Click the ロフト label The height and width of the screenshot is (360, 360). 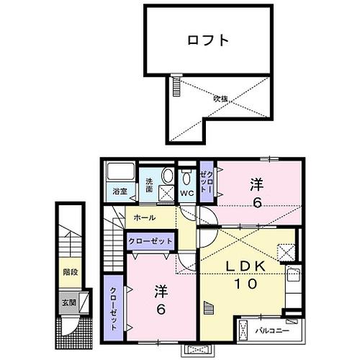point(210,40)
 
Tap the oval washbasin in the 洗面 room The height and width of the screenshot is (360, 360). point(167,176)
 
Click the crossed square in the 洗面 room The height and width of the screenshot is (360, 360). point(166,192)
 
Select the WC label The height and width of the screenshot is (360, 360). point(186,194)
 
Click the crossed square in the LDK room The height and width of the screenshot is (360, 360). point(286,252)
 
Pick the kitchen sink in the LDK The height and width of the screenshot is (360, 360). point(293,275)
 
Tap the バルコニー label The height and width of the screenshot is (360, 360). point(271,330)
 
